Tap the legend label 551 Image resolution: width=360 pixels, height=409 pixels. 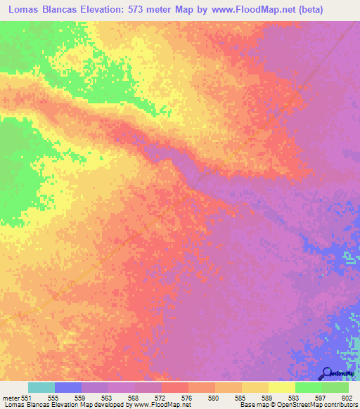(x=27, y=398)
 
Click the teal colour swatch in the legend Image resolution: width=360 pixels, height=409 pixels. (x=41, y=387)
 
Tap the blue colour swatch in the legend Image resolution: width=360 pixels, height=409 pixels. (x=67, y=387)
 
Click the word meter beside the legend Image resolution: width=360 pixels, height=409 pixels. (x=11, y=398)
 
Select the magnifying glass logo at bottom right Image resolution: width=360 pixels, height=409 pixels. (x=327, y=374)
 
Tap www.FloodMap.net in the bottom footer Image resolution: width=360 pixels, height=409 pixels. (x=153, y=405)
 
